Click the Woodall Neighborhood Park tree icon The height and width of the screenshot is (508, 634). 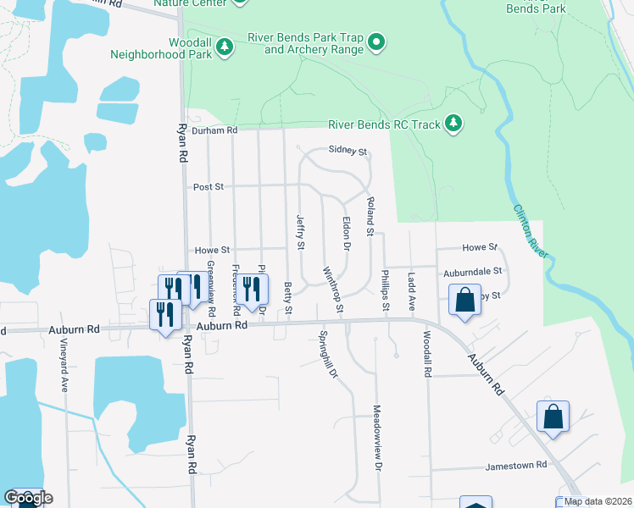[x=225, y=47]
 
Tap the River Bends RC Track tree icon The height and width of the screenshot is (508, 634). [x=454, y=124]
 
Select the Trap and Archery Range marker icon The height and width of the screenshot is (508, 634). [x=379, y=41]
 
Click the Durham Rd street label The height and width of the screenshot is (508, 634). [x=214, y=130]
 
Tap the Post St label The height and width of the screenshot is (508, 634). [x=208, y=186]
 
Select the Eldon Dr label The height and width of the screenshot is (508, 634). [x=346, y=234]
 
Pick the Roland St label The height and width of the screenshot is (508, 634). [x=370, y=216]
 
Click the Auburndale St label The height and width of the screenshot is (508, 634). [x=473, y=273]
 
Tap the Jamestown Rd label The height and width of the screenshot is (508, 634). [x=516, y=467]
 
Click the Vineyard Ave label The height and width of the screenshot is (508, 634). [x=64, y=365]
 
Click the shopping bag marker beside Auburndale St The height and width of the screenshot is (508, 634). [x=464, y=301]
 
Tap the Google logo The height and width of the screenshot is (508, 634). [x=27, y=499]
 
